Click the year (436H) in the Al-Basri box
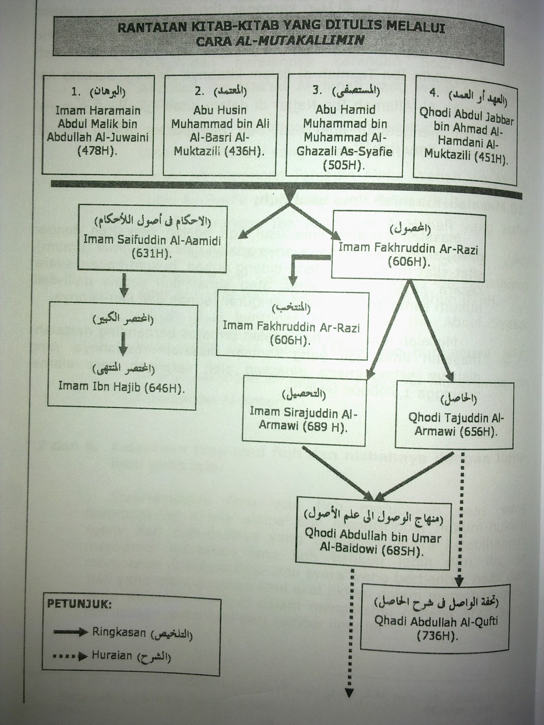click(x=243, y=150)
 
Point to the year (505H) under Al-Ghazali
click(x=344, y=165)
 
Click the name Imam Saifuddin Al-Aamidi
click(x=152, y=239)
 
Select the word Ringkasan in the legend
click(x=119, y=632)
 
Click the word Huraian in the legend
click(x=112, y=655)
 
